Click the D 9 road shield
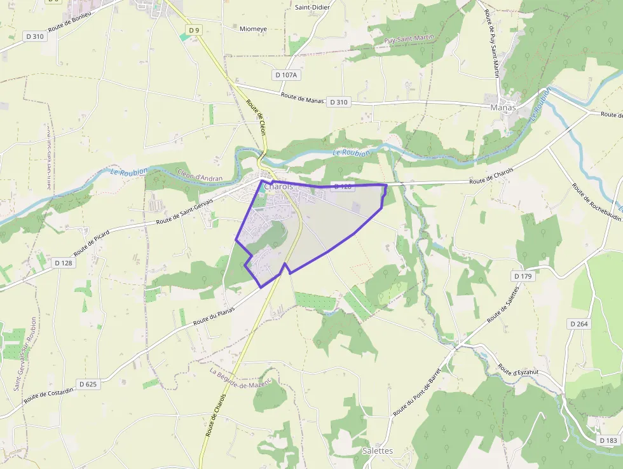(194, 30)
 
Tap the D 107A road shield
(287, 74)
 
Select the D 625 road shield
(88, 384)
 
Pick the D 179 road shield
(522, 276)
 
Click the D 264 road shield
(579, 324)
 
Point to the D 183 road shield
(608, 440)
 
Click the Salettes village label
(378, 451)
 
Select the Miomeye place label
(254, 29)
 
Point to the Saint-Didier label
(311, 7)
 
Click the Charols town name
(278, 186)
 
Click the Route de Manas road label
(302, 98)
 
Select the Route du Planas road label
(214, 316)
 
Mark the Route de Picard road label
(92, 242)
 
